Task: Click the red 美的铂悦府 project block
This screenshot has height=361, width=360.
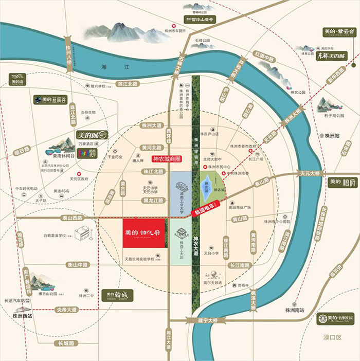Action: tap(144, 233)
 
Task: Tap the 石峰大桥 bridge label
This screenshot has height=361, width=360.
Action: tap(181, 64)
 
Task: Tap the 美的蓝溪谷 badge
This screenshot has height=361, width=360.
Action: tap(51, 100)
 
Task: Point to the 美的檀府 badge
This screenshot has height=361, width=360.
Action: tap(341, 182)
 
